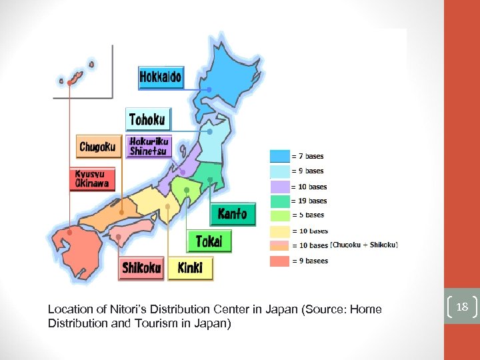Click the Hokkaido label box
point(160,77)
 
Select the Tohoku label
point(148,119)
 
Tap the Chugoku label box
point(98,147)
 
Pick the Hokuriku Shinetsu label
point(149,146)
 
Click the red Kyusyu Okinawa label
point(92,179)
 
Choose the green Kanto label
point(232,214)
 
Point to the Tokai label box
point(209,241)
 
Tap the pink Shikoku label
point(141,268)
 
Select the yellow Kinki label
point(190,268)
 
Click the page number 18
point(462,306)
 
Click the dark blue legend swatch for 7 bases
point(279,156)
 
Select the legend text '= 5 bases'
point(307,215)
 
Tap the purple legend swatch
point(279,186)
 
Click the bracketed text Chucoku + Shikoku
point(364,245)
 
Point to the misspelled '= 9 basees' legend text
point(309,261)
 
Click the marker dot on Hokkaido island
point(209,89)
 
